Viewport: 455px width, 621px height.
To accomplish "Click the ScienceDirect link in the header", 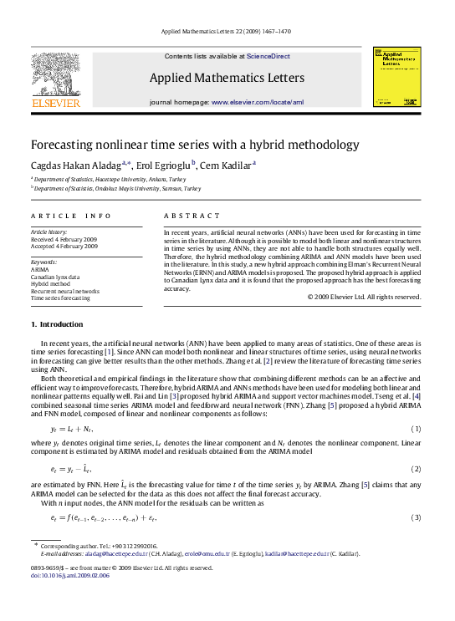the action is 268,55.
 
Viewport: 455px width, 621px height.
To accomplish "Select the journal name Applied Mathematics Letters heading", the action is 225,78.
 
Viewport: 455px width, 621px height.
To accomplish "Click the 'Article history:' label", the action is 48,231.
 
